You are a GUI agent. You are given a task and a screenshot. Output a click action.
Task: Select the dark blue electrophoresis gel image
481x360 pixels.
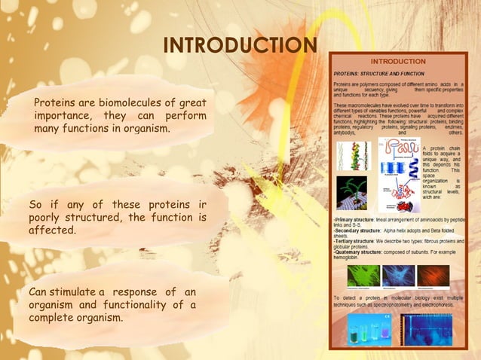[x=426, y=328]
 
